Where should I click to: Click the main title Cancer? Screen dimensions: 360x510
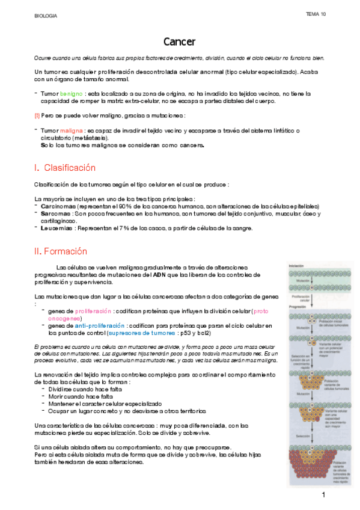[179, 41]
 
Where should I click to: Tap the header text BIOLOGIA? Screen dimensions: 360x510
[46, 16]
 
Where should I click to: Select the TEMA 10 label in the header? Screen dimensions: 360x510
[316, 14]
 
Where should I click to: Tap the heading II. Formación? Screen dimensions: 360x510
[61, 251]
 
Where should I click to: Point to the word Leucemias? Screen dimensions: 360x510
[55, 228]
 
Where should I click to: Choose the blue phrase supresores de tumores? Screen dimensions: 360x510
[148, 333]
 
